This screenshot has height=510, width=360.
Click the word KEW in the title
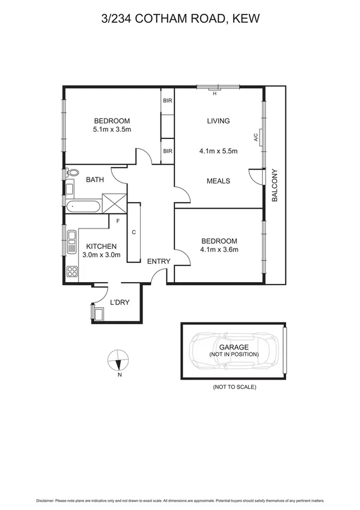[246, 19]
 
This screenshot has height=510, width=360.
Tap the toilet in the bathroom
[72, 173]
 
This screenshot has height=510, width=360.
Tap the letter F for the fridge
[118, 221]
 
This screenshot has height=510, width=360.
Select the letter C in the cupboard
[133, 232]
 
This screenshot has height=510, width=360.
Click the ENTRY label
[159, 261]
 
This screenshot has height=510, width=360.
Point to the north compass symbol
[119, 362]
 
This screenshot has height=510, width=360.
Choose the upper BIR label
[168, 101]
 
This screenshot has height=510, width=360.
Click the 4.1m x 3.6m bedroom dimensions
[219, 251]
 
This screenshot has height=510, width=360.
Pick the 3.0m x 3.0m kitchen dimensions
[101, 255]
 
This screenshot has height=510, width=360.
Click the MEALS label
[218, 180]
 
